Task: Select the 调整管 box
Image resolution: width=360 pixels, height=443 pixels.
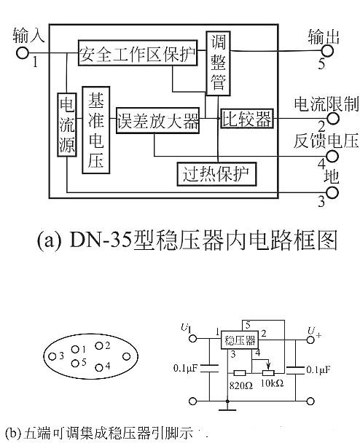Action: coord(217,63)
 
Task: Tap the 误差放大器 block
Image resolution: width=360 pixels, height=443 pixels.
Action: coord(157,119)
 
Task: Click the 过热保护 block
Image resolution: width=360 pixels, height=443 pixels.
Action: coord(217,174)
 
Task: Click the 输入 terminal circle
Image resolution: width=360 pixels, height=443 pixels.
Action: coord(23,52)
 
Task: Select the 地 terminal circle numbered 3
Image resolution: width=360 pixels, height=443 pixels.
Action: coord(332,192)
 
